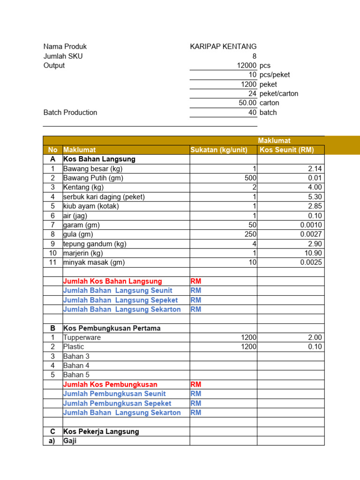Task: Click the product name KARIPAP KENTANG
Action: (223, 46)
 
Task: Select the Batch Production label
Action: (70, 112)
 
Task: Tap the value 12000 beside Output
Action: (247, 66)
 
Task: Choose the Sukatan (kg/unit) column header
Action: (219, 150)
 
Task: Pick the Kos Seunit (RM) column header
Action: (287, 150)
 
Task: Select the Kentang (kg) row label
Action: (83, 187)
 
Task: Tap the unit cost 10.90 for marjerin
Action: (314, 253)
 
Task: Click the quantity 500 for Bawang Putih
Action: (250, 178)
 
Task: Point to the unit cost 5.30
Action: (315, 197)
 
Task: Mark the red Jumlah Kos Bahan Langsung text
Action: (112, 281)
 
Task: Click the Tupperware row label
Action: (82, 337)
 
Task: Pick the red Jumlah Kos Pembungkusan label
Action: (110, 384)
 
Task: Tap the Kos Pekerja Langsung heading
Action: (101, 431)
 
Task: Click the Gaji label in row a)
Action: (70, 441)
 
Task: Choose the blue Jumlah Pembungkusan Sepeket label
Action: (117, 403)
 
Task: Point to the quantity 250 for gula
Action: (250, 234)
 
